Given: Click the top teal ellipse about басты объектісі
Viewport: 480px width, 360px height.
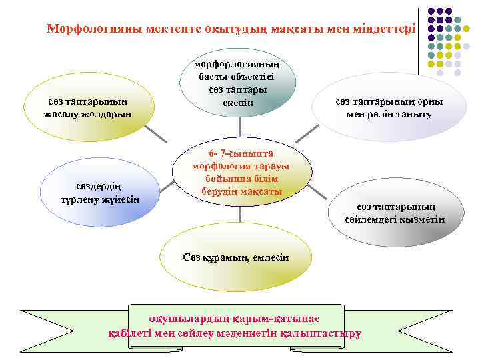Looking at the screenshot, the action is [x=238, y=83].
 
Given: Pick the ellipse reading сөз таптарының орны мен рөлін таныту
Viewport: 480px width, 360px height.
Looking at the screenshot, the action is [x=389, y=107].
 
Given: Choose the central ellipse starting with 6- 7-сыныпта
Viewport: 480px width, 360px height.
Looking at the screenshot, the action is [x=241, y=172].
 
